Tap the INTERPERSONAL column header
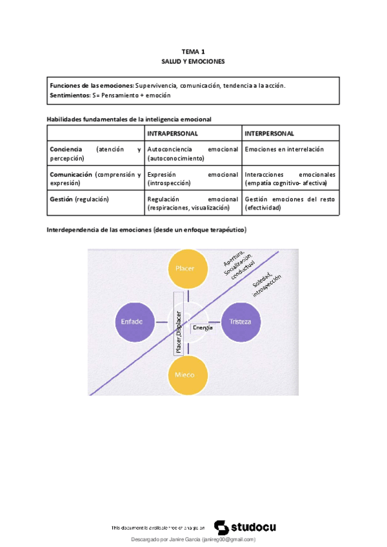pos(270,134)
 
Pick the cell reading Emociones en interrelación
pos(284,149)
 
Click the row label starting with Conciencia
pos(95,153)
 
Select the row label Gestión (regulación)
pos(79,199)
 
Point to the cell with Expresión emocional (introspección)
pos(192,179)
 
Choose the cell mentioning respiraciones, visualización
pos(192,204)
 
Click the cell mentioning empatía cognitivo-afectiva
pos(290,179)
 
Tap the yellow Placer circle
pos(185,268)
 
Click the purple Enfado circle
pos(132,321)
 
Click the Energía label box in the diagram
pos(203,328)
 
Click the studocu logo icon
pos(220,527)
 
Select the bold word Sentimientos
pos(70,95)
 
